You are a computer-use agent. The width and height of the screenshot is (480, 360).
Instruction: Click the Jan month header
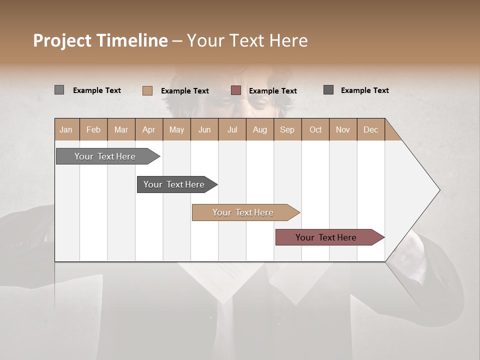coord(66,130)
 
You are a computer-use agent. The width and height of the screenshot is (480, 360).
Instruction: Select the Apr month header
coord(149,130)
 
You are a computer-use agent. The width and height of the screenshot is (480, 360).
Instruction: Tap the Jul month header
coord(232,130)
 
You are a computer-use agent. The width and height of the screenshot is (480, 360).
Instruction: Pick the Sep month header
coord(287,130)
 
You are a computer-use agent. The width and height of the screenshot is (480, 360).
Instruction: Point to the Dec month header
coord(370,130)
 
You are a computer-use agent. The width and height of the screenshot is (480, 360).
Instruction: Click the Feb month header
coord(93,130)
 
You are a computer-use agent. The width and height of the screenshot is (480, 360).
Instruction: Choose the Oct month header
coord(315,130)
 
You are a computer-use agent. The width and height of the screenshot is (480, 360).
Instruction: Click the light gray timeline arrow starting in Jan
coord(105,156)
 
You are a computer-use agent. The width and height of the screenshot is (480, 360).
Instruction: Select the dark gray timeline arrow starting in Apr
coord(174,184)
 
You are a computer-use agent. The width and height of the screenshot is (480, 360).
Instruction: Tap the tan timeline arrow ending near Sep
coord(243,212)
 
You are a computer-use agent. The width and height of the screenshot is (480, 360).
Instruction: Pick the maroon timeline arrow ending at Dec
coord(326,237)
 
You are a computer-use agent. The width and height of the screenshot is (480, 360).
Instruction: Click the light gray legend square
coord(59,90)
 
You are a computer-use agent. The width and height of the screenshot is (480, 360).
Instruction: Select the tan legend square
coord(147,90)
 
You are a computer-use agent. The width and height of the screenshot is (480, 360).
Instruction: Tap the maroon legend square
coord(236,90)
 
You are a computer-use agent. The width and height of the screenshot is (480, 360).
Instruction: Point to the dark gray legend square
coord(328,90)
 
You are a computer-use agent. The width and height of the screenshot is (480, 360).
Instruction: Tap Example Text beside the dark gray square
coord(364,90)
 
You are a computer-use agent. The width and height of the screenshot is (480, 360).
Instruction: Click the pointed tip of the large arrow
coord(438,190)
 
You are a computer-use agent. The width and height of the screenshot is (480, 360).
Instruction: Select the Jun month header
coord(204,130)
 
